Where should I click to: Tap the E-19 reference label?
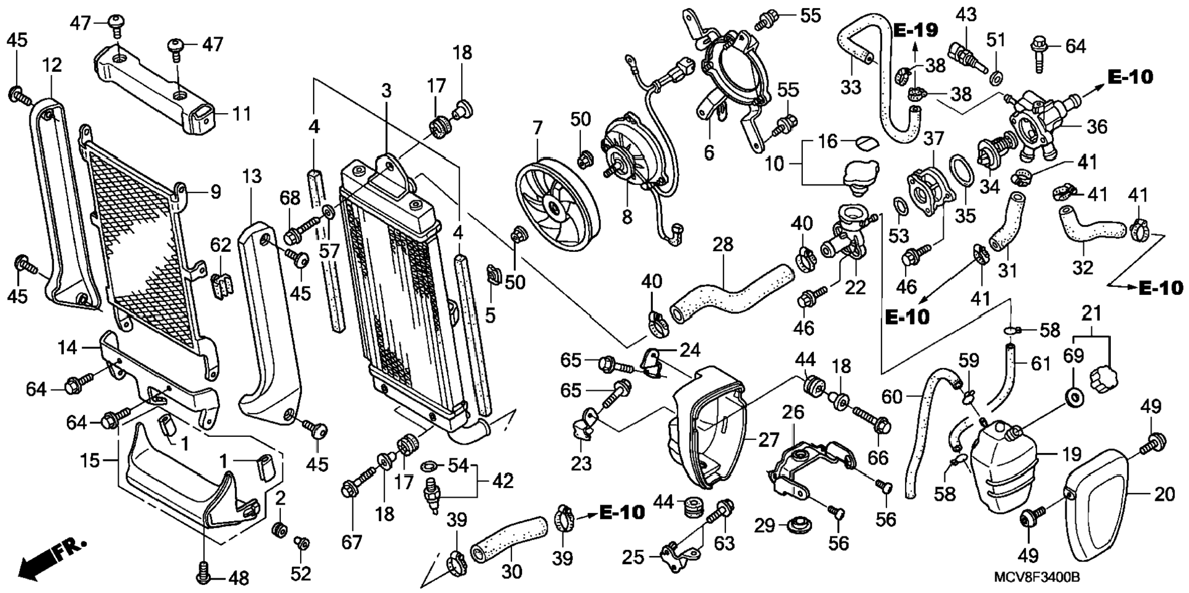915,29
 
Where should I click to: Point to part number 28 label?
723,245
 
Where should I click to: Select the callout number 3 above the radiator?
385,92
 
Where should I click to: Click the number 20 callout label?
1164,493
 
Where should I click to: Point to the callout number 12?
52,65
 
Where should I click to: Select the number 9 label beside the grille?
215,192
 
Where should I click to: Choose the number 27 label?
768,440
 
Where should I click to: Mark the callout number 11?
242,114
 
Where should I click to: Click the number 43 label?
966,15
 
